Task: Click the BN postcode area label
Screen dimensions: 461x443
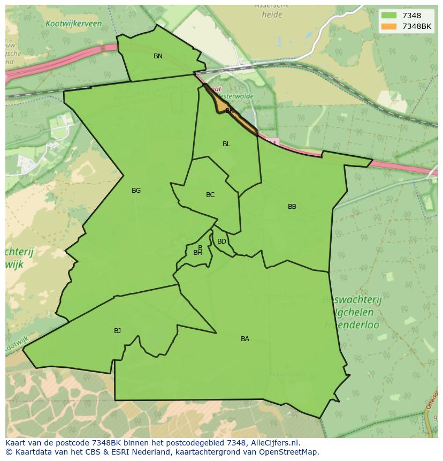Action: coord(158,56)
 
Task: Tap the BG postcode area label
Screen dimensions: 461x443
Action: coord(136,191)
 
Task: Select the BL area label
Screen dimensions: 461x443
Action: coord(226,144)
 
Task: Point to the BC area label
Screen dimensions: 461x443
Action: coord(210,195)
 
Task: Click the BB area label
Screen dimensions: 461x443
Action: coord(292,207)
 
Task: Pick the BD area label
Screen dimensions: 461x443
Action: coord(222,241)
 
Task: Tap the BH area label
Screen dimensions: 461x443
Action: coord(197,253)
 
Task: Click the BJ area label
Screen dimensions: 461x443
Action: coord(117,331)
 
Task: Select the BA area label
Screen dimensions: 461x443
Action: coord(245,339)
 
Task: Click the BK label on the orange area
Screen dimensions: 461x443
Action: coord(229,111)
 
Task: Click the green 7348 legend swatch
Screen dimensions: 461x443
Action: coord(389,16)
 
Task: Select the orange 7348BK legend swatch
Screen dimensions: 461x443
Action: coord(389,26)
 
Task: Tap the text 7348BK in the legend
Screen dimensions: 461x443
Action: coord(417,26)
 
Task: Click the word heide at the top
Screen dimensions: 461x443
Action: coord(272,15)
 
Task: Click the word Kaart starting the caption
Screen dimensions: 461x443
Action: coord(17,443)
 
